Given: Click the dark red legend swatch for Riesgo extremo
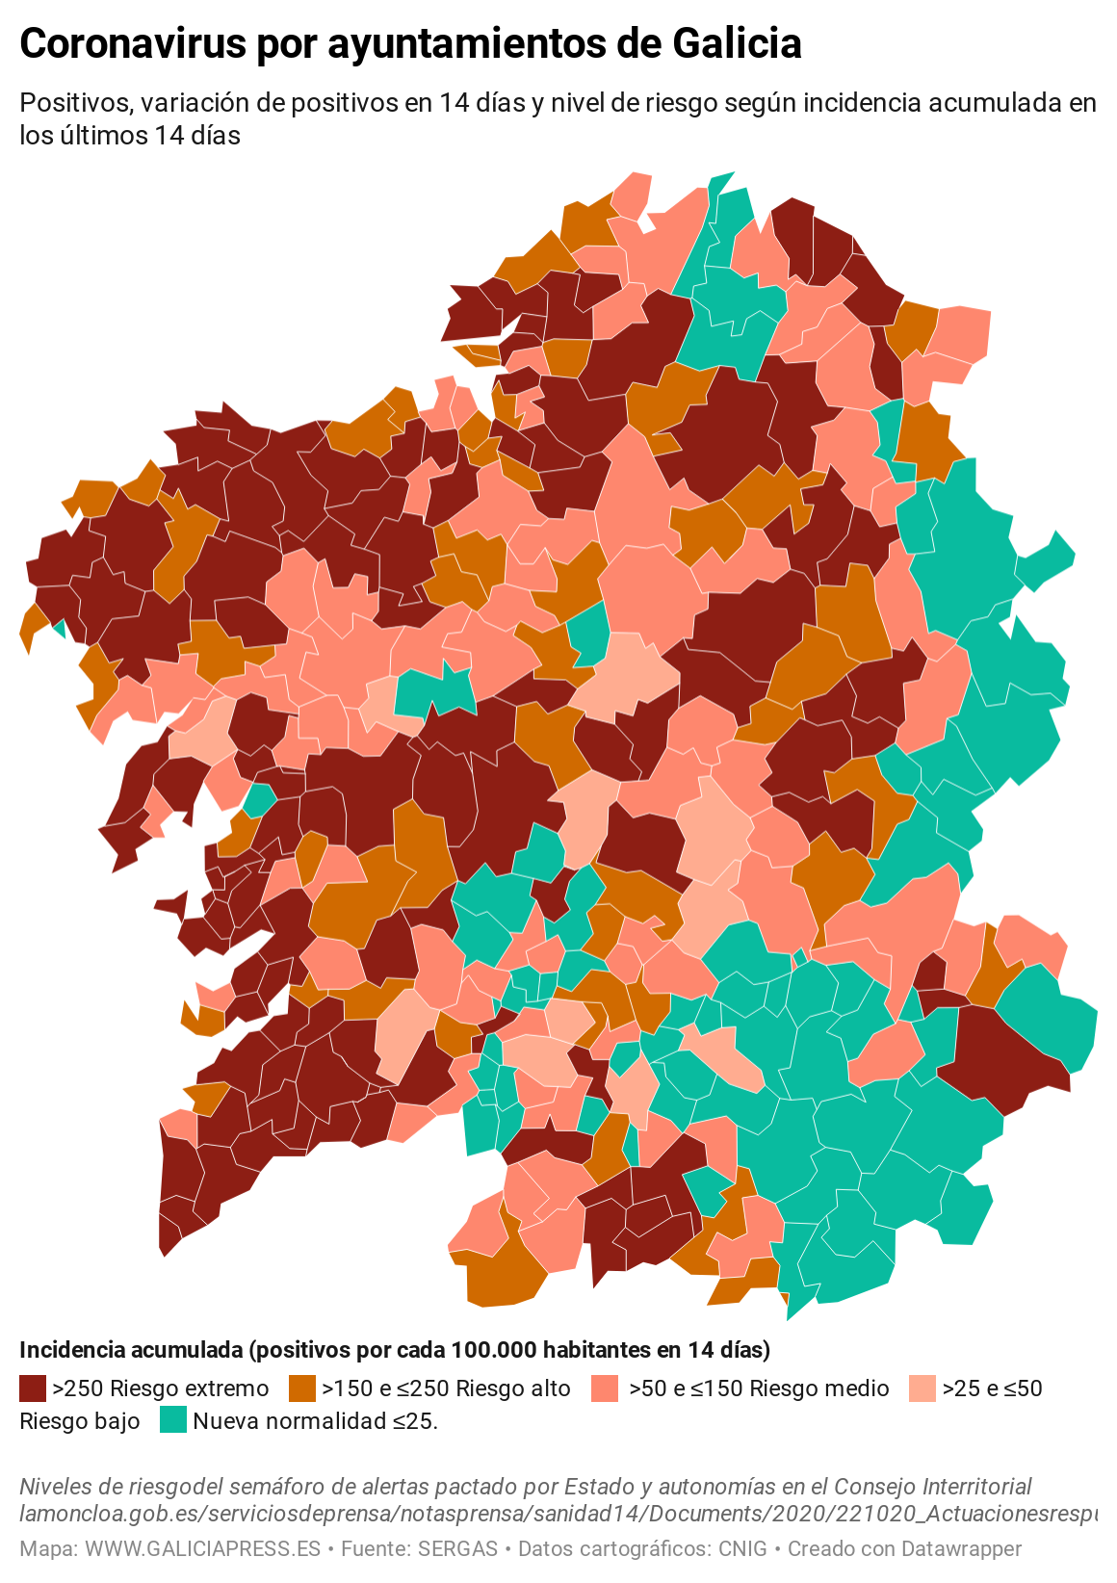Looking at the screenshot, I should pos(33,1388).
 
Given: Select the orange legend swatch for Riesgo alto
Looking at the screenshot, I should pos(302,1388).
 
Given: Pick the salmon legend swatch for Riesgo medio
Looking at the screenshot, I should pos(605,1388).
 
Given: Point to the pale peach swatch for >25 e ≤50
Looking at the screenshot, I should pos(922,1388).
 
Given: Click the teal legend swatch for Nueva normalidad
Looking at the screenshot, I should pos(173,1420).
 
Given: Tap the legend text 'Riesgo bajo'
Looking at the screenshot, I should pos(80,1421).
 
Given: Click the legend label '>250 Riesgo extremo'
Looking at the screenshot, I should pos(161,1388).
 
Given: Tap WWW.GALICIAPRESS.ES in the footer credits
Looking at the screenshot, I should pos(202,1549).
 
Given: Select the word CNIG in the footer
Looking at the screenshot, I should pos(742,1549).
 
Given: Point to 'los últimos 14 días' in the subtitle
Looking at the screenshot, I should pos(130,136).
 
